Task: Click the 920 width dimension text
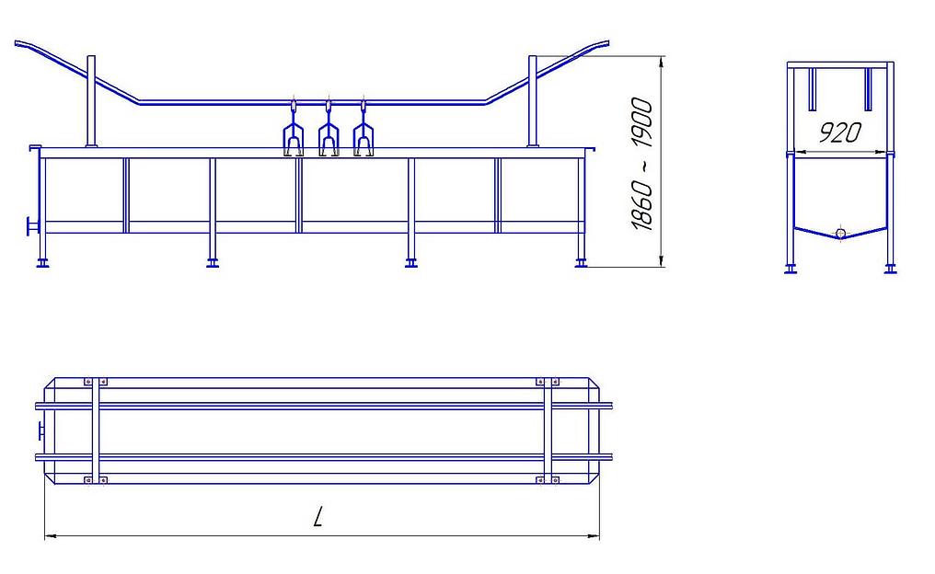(839, 132)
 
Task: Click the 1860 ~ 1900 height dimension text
(642, 164)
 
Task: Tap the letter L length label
(318, 516)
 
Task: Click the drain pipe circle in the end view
(841, 233)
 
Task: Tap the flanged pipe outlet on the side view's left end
(31, 227)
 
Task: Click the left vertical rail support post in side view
(91, 101)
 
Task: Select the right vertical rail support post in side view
(533, 101)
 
